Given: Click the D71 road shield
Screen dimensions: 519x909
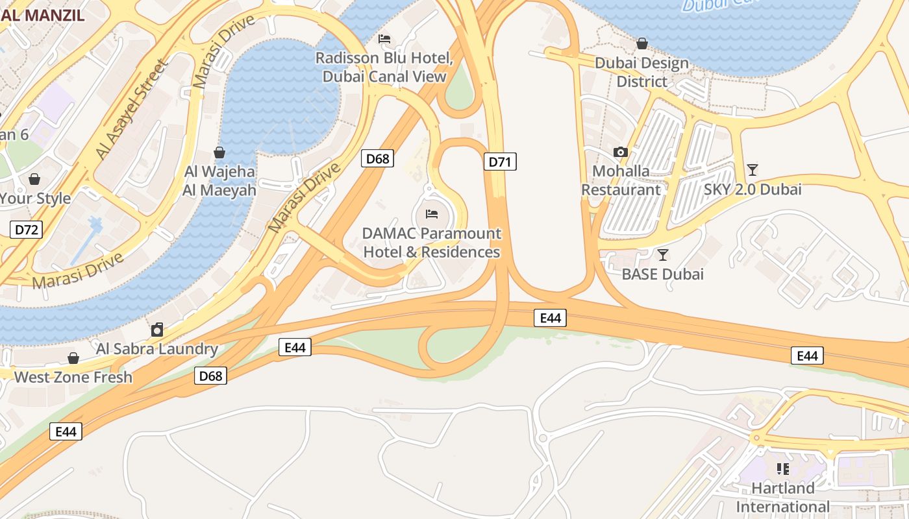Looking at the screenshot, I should pos(500,162).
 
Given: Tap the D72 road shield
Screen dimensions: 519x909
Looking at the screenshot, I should pos(27,229).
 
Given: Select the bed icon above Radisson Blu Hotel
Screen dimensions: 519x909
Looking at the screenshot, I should pos(384,39).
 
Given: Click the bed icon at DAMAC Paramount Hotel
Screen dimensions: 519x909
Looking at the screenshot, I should pos(432,213).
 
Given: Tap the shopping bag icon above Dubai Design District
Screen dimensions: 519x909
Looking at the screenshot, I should pos(641,43).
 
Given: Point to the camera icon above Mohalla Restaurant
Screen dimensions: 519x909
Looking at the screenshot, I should pos(621,152).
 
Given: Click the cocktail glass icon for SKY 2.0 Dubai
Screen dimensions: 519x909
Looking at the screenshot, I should pos(753,170).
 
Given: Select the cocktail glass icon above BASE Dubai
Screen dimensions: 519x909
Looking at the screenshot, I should pos(662,254).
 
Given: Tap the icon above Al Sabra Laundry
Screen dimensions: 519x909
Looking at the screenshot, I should pos(157,330).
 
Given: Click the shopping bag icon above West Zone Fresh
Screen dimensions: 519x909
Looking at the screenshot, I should pos(73,358).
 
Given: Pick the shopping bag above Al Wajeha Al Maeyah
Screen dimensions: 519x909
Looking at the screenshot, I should pos(219,152).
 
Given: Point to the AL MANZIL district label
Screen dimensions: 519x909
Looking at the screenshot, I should pos(43,15).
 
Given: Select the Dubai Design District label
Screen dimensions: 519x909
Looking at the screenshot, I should pos(641,72).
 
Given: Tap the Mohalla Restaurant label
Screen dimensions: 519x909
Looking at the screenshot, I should pos(620,180).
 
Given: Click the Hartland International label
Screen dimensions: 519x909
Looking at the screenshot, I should pos(782,497).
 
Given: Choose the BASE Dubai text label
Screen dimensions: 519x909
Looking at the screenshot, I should pos(662,274).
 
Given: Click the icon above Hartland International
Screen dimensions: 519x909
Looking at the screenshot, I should pos(783,468).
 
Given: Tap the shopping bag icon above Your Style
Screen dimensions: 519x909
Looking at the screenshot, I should pos(34,179).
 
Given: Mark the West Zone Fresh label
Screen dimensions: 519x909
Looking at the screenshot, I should pos(73,377).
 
